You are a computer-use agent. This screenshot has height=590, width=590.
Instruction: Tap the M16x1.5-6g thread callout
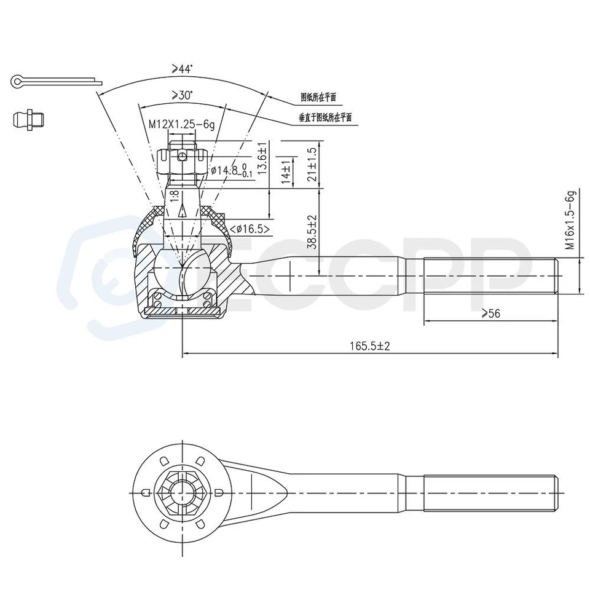[x=570, y=220]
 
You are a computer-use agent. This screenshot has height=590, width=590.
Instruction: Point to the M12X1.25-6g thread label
[x=181, y=124]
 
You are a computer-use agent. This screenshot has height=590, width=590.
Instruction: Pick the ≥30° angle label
[x=182, y=95]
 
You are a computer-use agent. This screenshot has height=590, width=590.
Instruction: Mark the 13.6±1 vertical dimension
[x=262, y=159]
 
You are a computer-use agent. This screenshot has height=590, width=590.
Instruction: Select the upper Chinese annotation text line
[x=318, y=97]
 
